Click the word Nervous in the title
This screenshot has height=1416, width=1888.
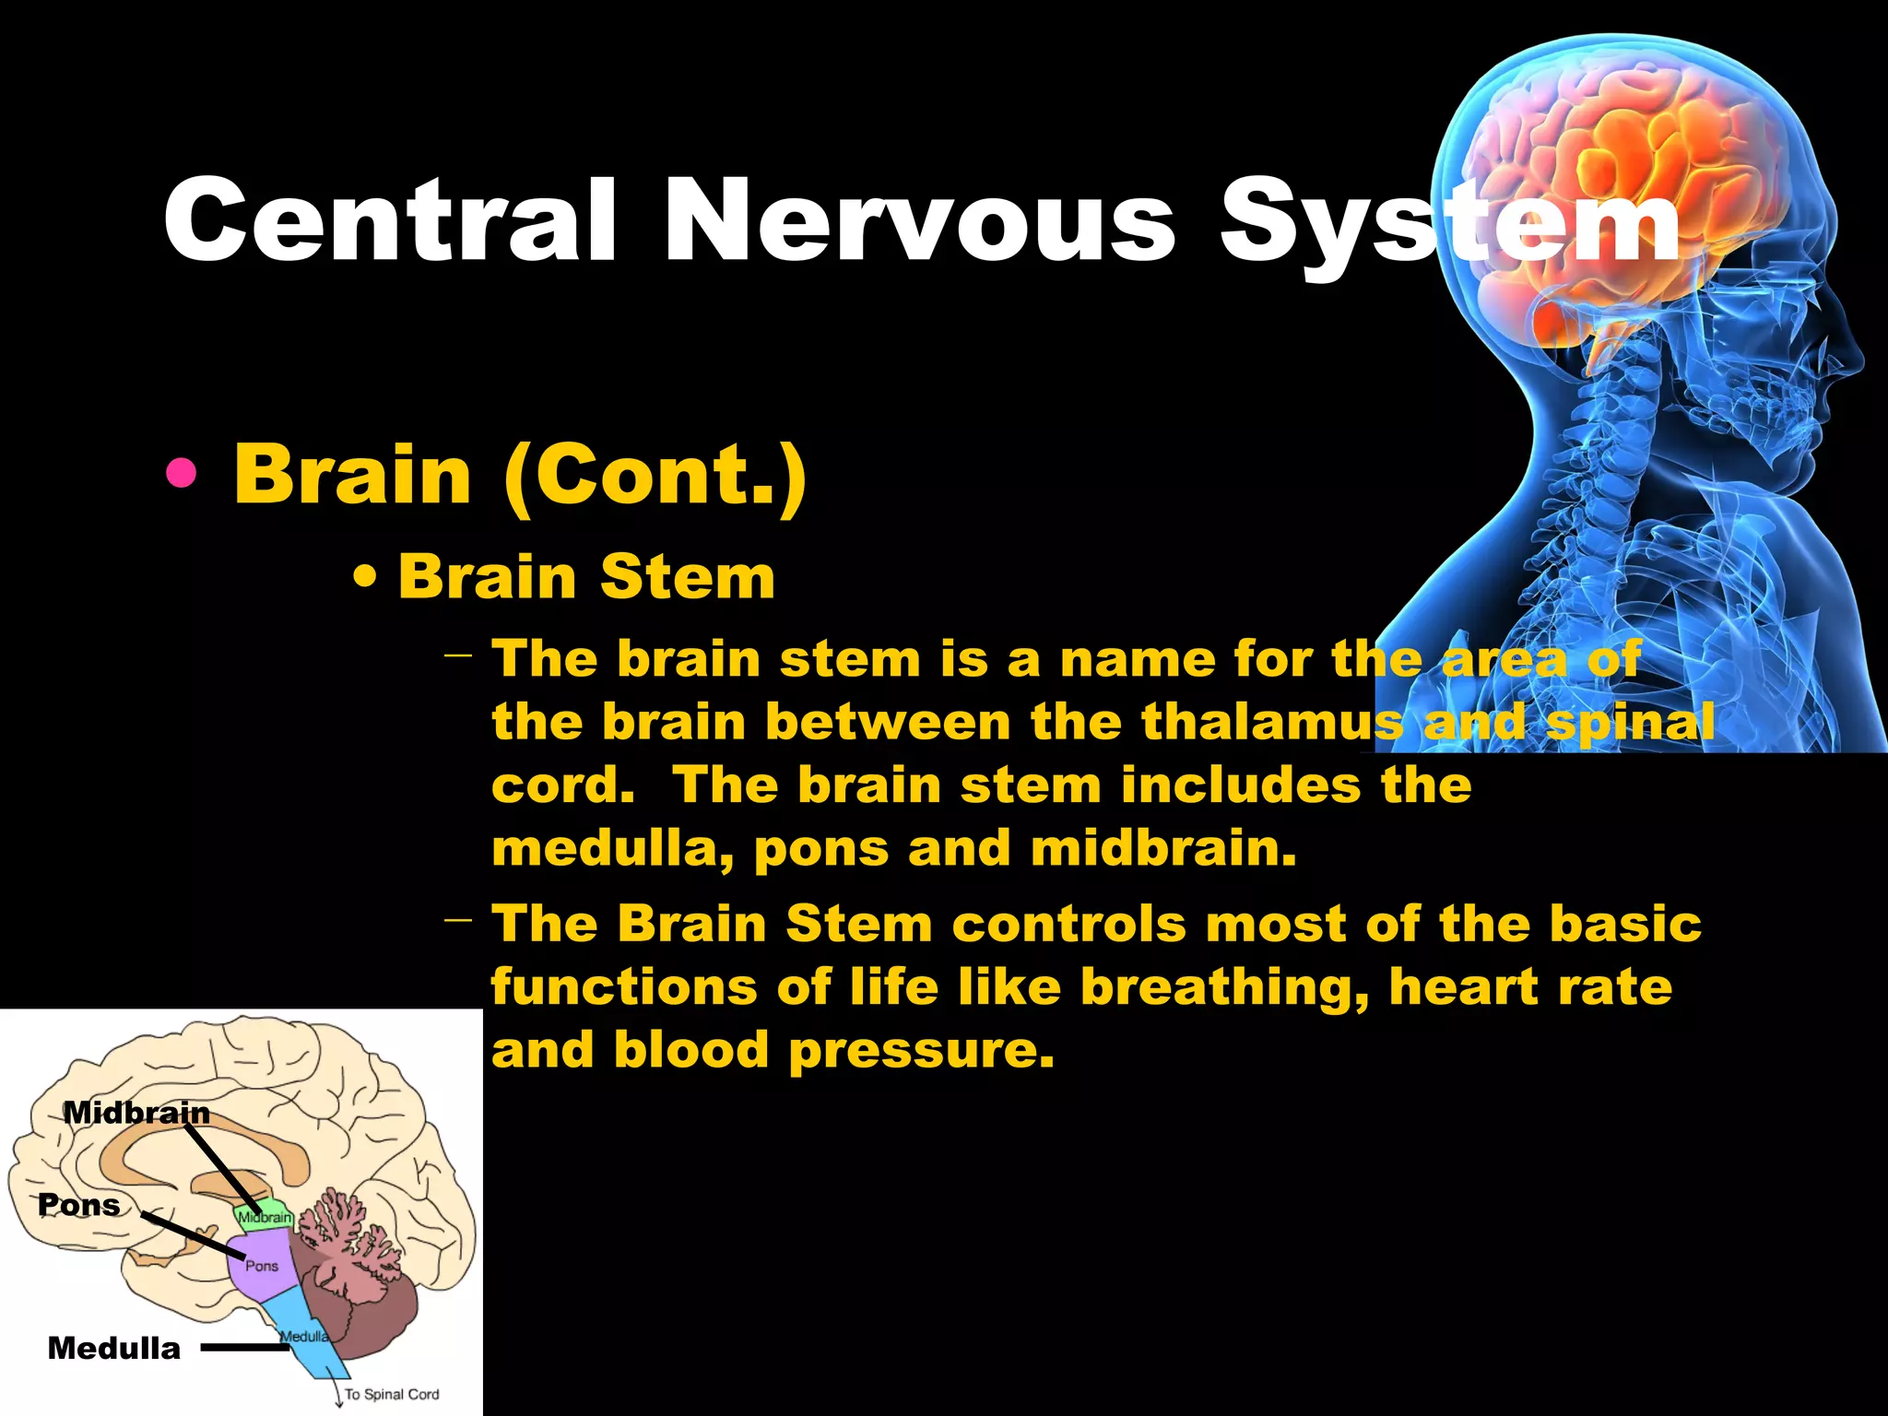click(x=920, y=221)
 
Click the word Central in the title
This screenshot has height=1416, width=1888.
click(x=389, y=221)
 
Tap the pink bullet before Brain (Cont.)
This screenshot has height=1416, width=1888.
click(x=182, y=474)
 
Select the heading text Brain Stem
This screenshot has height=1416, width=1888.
click(x=586, y=577)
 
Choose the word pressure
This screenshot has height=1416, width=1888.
click(x=921, y=1051)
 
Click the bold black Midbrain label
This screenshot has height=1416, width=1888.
click(x=136, y=1113)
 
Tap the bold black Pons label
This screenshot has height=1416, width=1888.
click(x=79, y=1205)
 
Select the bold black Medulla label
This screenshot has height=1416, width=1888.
click(x=114, y=1349)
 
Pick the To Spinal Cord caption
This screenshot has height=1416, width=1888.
click(x=392, y=1394)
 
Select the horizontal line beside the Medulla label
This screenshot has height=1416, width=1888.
click(x=245, y=1348)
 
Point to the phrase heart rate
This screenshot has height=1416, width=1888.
click(x=1530, y=988)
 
